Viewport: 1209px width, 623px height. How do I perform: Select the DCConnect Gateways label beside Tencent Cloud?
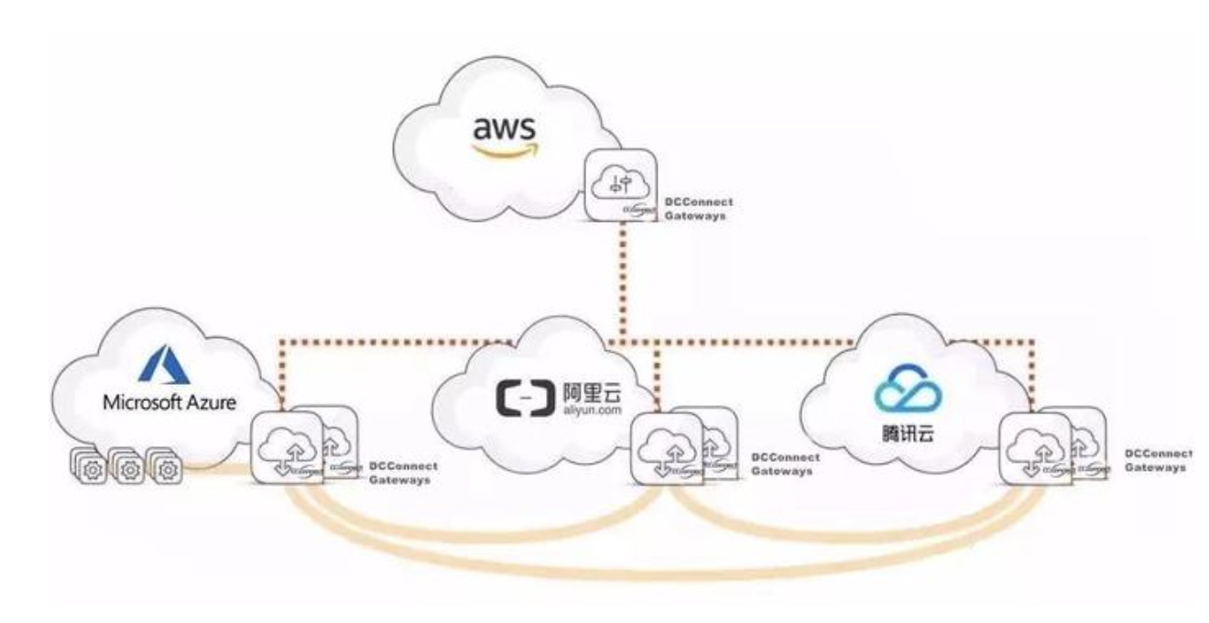click(1157, 460)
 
